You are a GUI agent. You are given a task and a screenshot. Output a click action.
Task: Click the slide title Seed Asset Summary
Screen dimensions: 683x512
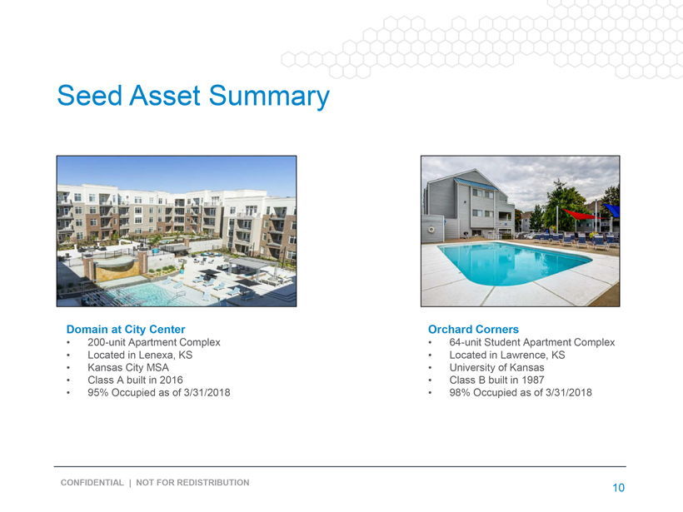pyautogui.click(x=193, y=96)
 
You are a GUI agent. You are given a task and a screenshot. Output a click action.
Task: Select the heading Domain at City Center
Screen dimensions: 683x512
pyautogui.click(x=126, y=329)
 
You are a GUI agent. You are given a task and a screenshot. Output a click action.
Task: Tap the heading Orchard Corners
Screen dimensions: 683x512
pyautogui.click(x=473, y=329)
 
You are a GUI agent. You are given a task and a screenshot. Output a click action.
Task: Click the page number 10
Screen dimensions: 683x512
pyautogui.click(x=619, y=488)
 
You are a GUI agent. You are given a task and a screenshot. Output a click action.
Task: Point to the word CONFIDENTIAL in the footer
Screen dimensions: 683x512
pyautogui.click(x=92, y=482)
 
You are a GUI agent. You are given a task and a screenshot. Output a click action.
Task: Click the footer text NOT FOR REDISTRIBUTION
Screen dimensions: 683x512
pyautogui.click(x=192, y=482)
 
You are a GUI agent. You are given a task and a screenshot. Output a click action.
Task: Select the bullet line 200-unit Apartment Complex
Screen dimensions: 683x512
pyautogui.click(x=154, y=342)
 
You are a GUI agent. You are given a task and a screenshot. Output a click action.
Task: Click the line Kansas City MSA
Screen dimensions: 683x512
pyautogui.click(x=128, y=367)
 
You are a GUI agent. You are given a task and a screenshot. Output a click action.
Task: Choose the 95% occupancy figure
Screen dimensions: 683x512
pyautogui.click(x=98, y=393)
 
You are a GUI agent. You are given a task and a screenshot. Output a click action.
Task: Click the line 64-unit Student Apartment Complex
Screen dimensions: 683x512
pyautogui.click(x=532, y=342)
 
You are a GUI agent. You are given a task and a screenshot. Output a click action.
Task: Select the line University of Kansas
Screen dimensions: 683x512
pyautogui.click(x=496, y=367)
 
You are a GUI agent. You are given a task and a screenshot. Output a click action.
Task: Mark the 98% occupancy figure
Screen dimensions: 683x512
pyautogui.click(x=460, y=393)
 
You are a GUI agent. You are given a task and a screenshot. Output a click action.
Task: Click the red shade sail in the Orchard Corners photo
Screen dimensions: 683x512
pyautogui.click(x=580, y=214)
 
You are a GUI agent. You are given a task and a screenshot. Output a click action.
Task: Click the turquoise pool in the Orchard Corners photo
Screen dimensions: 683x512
pyautogui.click(x=514, y=262)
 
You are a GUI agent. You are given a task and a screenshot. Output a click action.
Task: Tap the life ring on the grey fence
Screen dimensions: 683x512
pyautogui.click(x=431, y=229)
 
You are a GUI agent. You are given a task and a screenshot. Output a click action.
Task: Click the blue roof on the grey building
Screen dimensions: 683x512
pyautogui.click(x=476, y=184)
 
